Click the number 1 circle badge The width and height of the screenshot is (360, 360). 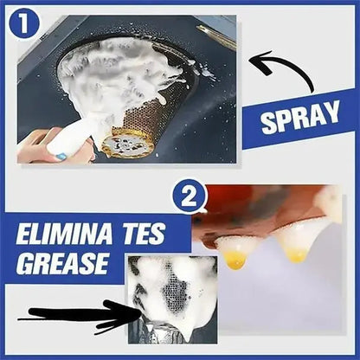coord(25,24)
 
